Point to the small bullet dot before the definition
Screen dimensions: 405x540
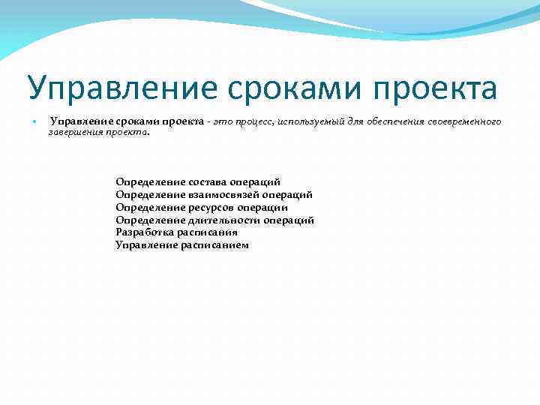pyautogui.click(x=34, y=122)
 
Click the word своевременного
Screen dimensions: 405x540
pyautogui.click(x=464, y=121)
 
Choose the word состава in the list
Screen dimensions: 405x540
pyautogui.click(x=202, y=181)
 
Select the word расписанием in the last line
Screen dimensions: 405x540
pyautogui.click(x=214, y=245)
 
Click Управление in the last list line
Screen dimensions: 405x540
pyautogui.click(x=146, y=245)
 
